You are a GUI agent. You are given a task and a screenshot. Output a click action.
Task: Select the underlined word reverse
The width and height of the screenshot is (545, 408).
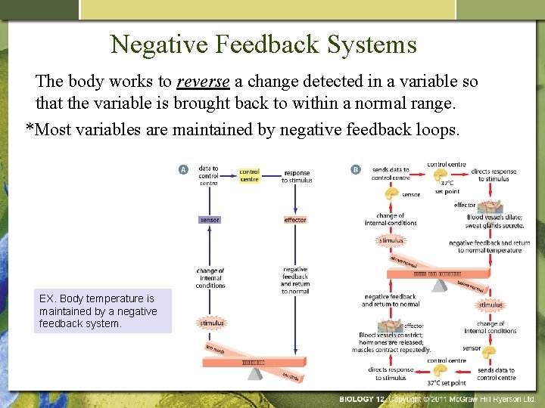203,82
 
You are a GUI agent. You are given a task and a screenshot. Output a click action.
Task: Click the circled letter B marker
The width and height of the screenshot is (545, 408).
356,170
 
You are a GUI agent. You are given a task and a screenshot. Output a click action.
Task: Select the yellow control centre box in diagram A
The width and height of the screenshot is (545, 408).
249,175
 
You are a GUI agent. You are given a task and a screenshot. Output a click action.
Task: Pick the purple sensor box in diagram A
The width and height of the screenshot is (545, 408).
210,220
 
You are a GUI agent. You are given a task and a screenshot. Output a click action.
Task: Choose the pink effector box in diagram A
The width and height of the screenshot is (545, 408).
294,220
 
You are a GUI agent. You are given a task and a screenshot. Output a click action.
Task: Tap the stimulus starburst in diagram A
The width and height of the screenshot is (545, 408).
212,323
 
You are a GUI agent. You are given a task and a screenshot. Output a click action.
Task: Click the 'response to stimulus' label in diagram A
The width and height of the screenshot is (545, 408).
296,177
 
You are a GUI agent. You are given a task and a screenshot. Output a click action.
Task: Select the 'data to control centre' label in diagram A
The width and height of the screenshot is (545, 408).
208,175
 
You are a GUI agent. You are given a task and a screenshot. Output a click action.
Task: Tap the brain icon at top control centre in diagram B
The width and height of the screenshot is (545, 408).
447,175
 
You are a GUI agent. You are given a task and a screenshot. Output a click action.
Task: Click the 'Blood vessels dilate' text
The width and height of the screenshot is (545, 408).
495,218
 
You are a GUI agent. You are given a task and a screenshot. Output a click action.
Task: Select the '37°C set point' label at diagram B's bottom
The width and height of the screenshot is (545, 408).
446,383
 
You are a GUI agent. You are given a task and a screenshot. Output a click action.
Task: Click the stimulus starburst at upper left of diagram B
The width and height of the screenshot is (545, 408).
391,240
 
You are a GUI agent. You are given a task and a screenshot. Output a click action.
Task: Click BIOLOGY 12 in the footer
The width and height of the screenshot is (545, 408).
362,399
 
